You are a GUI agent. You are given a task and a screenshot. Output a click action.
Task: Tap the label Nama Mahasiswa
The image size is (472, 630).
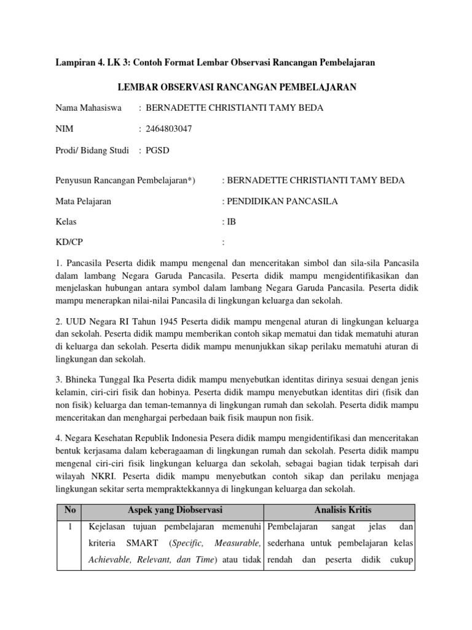pos(88,108)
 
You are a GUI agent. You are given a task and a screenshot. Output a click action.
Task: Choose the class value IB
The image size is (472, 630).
pos(231,221)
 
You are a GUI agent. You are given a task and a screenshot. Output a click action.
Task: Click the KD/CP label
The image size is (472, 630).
pos(71,242)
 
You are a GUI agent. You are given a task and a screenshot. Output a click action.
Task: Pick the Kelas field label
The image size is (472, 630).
pos(66,221)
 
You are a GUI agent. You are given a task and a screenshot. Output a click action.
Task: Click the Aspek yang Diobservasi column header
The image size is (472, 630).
pos(175,510)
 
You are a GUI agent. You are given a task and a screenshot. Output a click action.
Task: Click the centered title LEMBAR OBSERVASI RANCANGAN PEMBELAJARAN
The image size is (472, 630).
pos(235,87)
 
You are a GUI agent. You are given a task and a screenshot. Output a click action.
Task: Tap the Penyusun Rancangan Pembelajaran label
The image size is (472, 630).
pos(125,180)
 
